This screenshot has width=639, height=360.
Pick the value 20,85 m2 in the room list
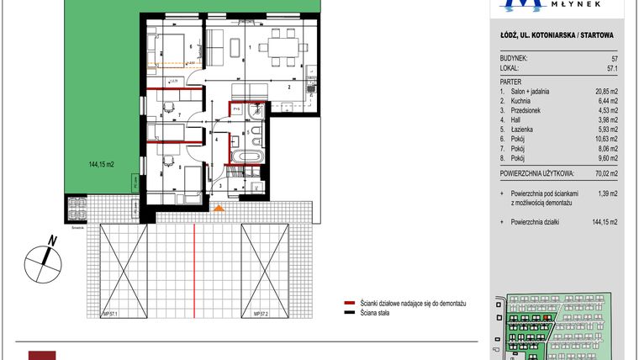603,91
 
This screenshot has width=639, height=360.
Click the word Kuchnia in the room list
521,101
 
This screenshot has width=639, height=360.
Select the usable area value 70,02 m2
602,175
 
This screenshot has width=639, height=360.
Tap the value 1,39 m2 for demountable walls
605,194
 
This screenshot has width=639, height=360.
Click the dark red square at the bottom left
42,355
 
